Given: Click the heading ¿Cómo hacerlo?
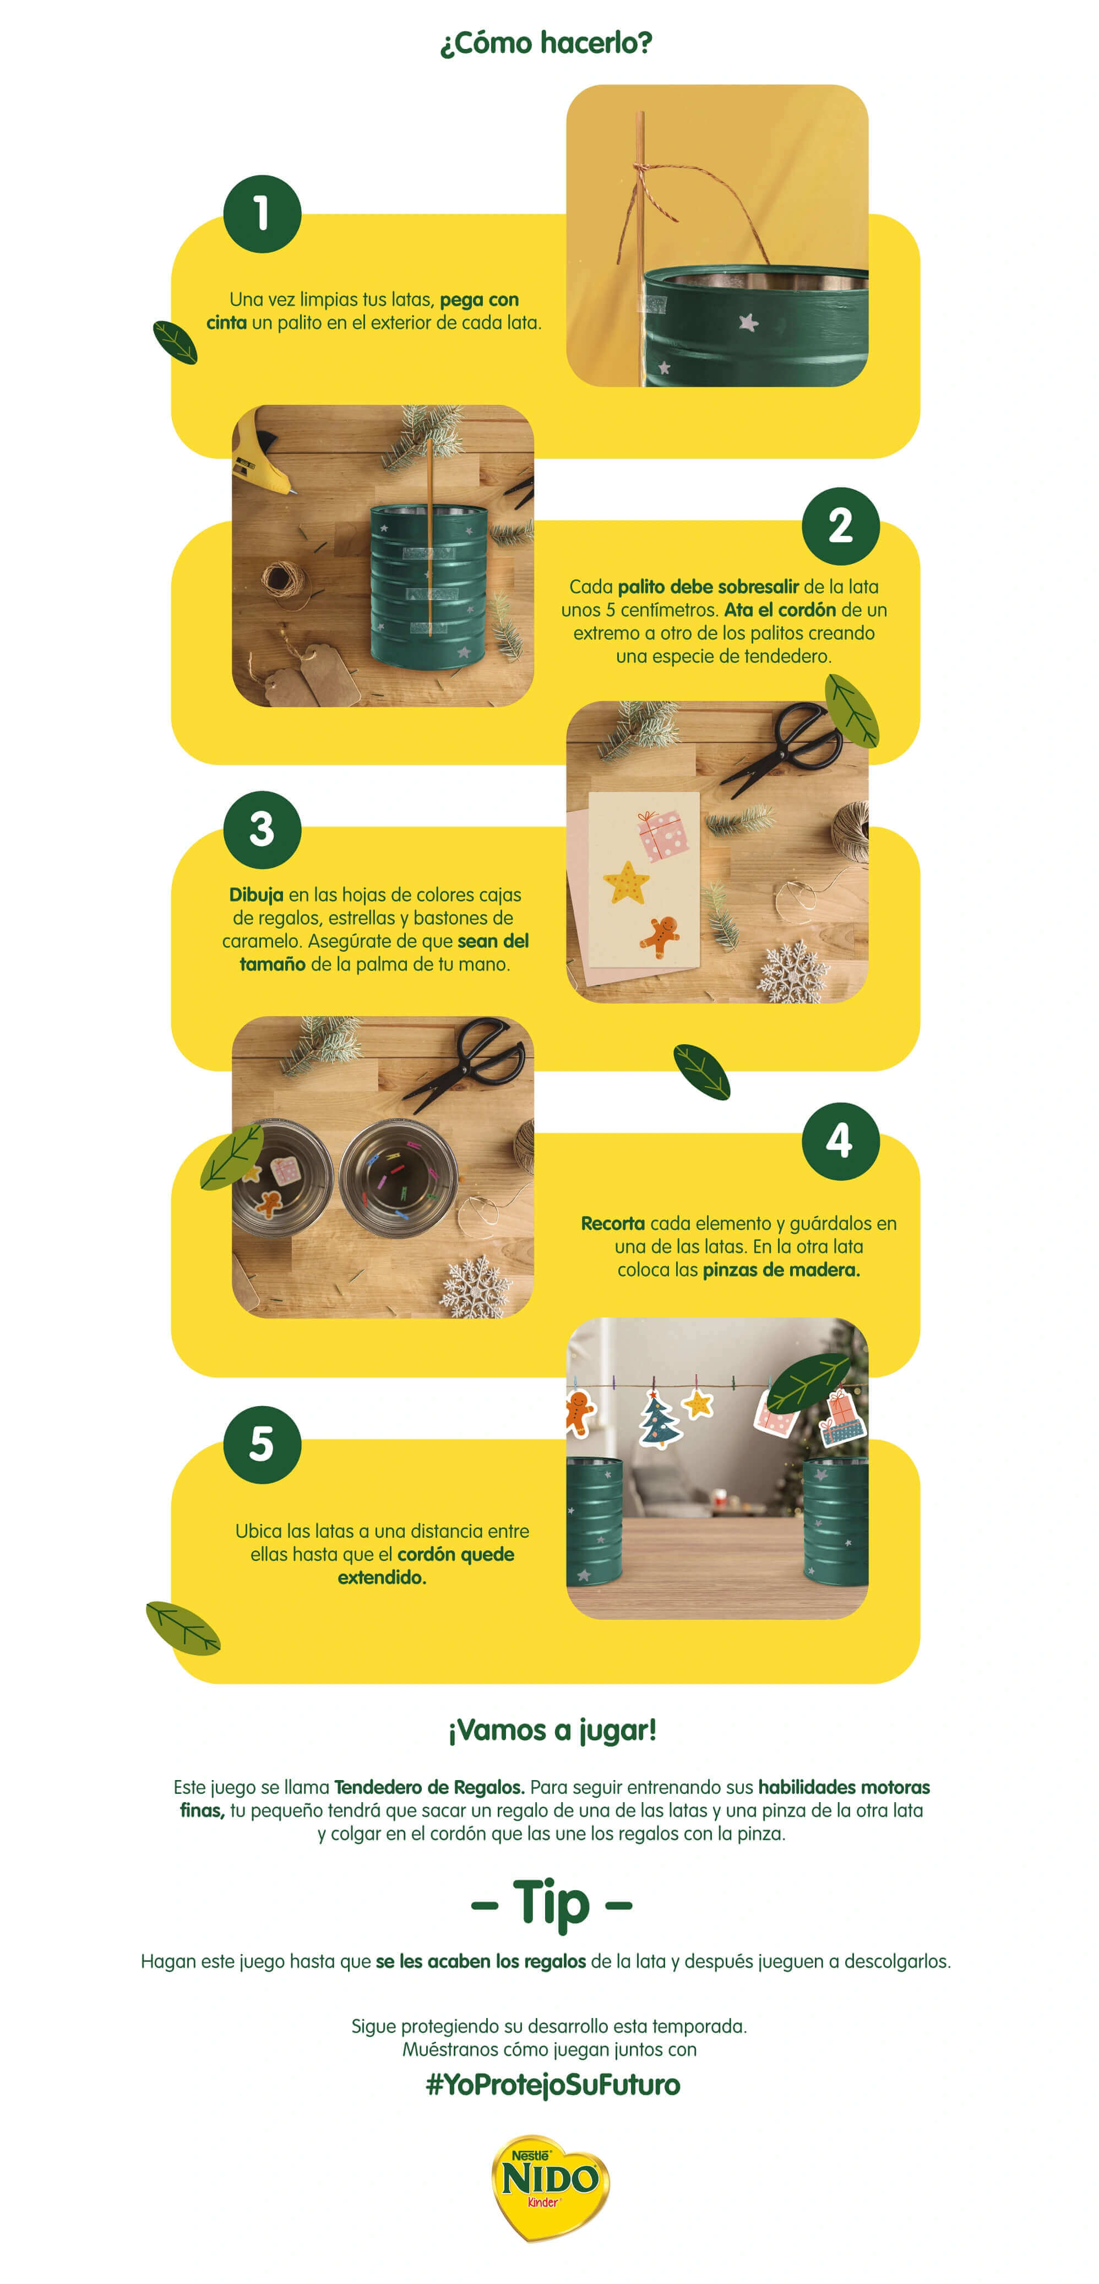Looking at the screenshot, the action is pyautogui.click(x=546, y=42).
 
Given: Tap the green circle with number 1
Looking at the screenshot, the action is pyautogui.click(x=262, y=214).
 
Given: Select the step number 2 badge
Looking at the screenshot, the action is pyautogui.click(x=840, y=526).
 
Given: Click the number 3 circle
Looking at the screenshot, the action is pyautogui.click(x=262, y=829).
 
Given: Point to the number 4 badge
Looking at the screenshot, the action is pyautogui.click(x=840, y=1141).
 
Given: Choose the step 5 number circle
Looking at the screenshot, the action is pyautogui.click(x=262, y=1444).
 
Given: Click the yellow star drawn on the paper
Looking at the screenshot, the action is pyautogui.click(x=627, y=882).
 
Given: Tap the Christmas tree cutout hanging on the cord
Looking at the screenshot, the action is pyautogui.click(x=660, y=1419).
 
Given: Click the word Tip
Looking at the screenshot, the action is pyautogui.click(x=551, y=1903).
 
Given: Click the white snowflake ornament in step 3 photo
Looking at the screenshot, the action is pyautogui.click(x=791, y=974).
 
